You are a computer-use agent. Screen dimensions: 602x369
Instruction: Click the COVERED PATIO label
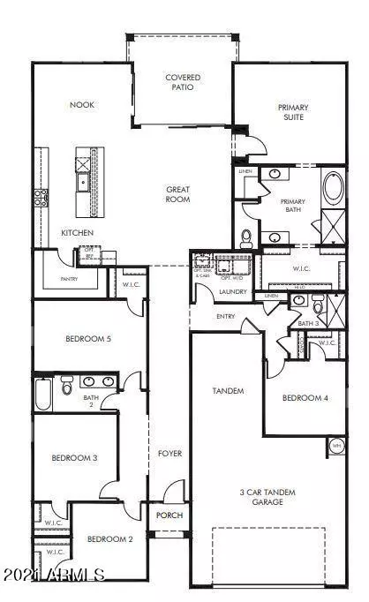183,82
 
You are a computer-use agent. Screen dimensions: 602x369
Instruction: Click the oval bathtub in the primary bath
334,189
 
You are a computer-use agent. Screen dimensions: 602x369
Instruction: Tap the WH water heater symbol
335,447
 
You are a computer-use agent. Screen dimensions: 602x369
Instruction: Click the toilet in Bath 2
66,387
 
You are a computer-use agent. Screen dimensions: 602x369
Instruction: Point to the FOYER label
169,454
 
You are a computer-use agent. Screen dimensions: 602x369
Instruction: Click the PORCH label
169,516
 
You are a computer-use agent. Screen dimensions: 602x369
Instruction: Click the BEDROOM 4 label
305,399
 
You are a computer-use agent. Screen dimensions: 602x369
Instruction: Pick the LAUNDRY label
234,290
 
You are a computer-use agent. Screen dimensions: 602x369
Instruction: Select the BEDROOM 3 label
73,457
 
